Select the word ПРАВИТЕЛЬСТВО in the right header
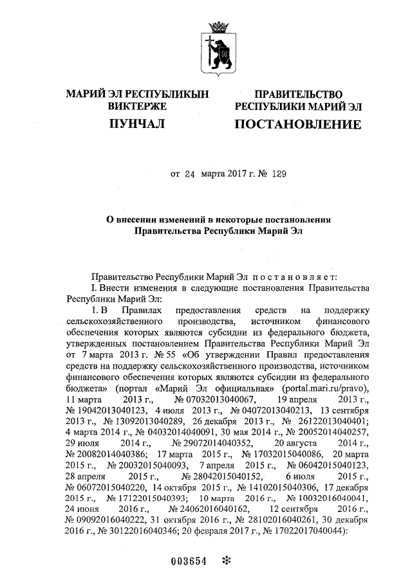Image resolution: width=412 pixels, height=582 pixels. tap(298, 95)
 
